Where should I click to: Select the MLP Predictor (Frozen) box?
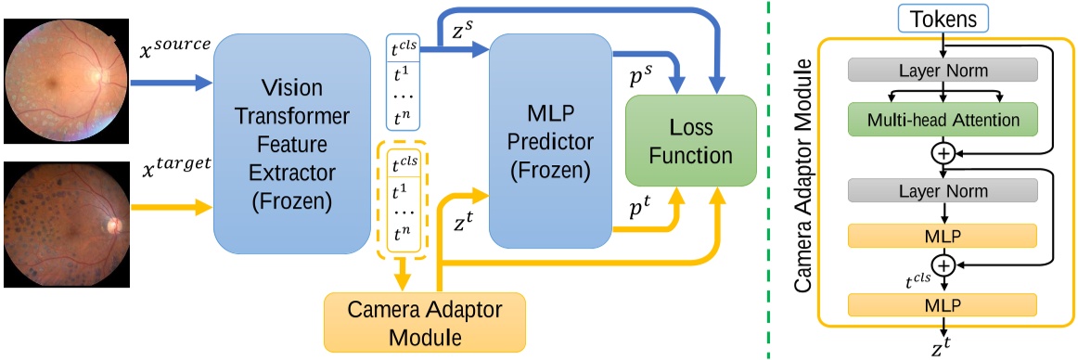tap(542, 141)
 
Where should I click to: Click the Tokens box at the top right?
tap(943, 18)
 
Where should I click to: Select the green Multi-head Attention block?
tap(943, 120)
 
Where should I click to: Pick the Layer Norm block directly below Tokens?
tap(943, 70)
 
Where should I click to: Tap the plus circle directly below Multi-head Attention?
tap(943, 154)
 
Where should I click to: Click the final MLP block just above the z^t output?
tap(943, 304)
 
